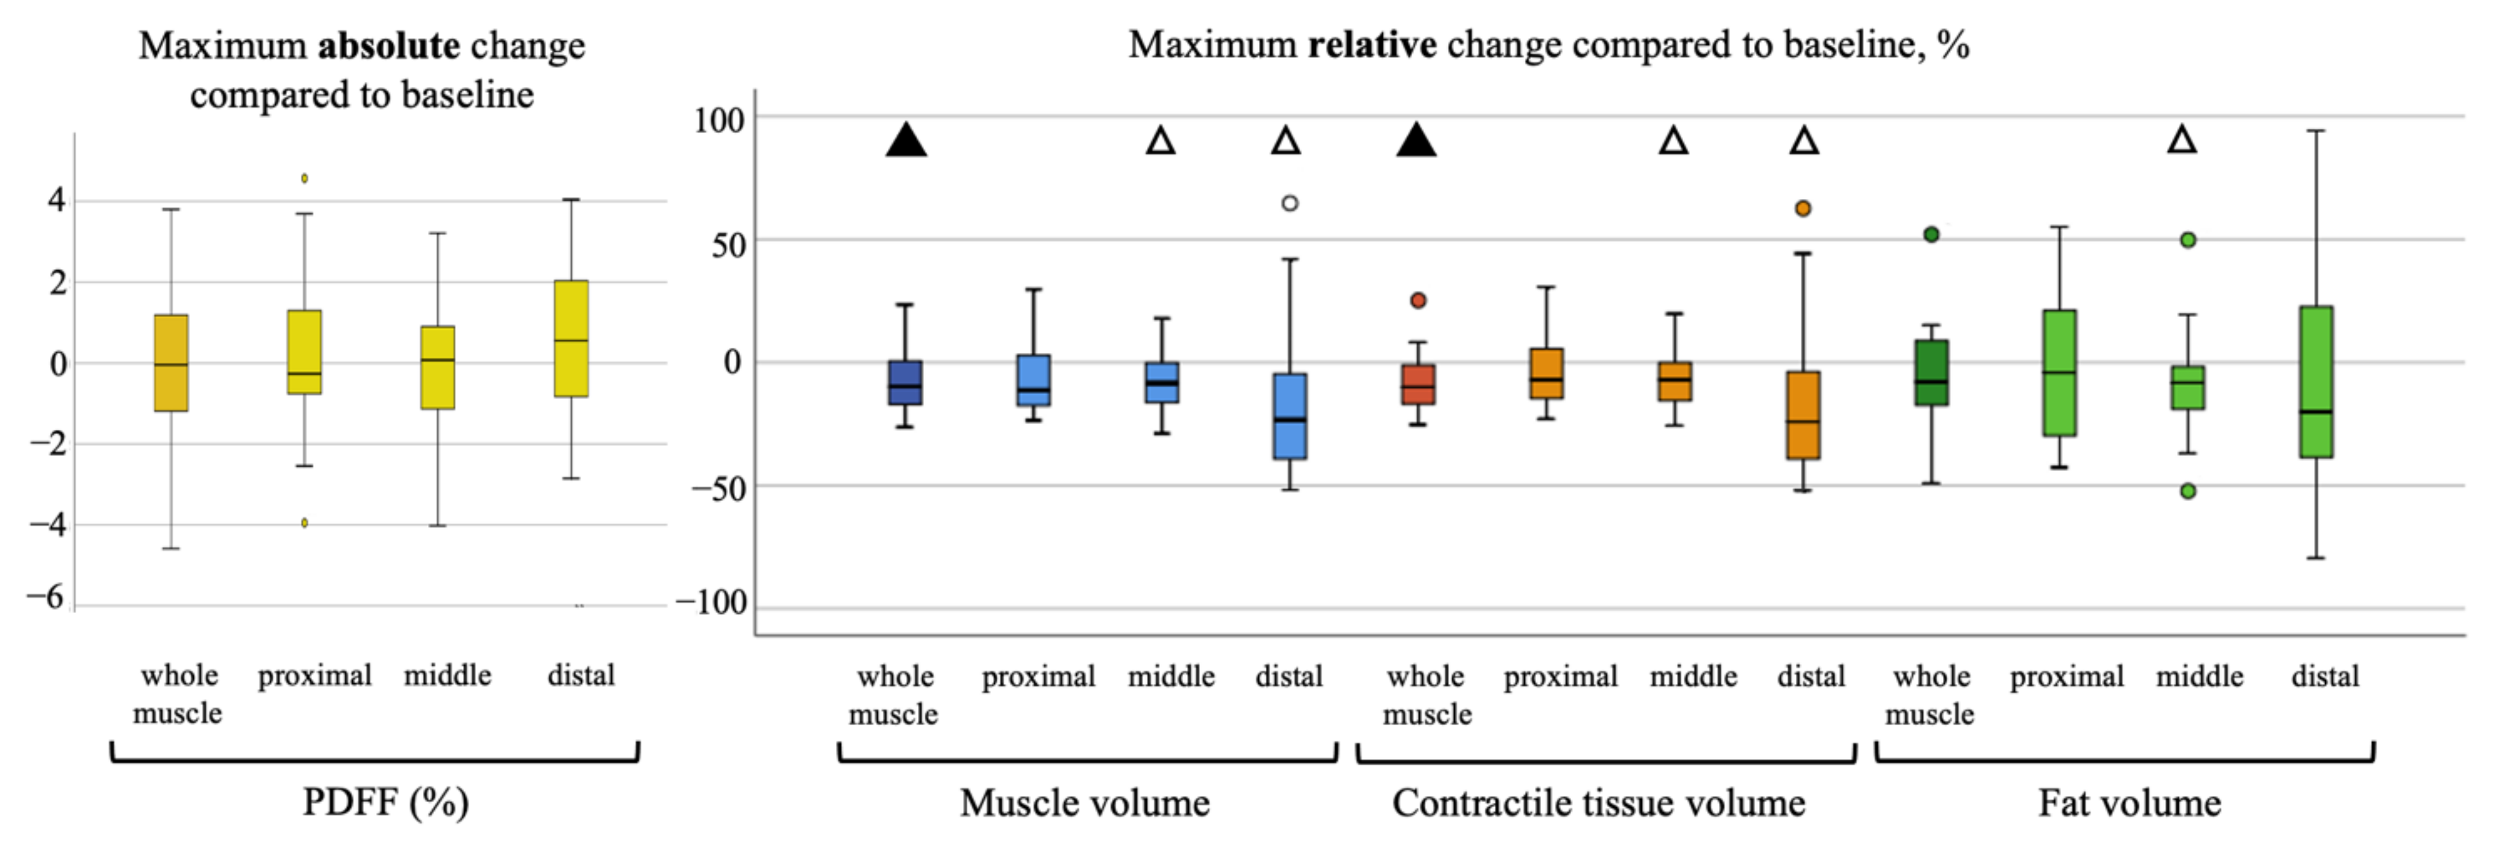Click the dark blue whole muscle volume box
(906, 383)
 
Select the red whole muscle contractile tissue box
(1418, 385)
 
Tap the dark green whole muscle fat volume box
(1931, 373)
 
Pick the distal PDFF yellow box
(571, 339)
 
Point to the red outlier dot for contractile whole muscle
(1418, 300)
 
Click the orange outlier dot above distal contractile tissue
(1803, 209)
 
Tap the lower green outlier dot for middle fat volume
(2188, 491)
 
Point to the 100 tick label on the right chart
(718, 120)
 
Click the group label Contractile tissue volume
(1598, 803)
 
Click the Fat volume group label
(2129, 803)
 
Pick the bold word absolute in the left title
(388, 46)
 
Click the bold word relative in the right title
(1372, 44)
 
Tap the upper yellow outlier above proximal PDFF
(304, 179)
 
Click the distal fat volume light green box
(2316, 382)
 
